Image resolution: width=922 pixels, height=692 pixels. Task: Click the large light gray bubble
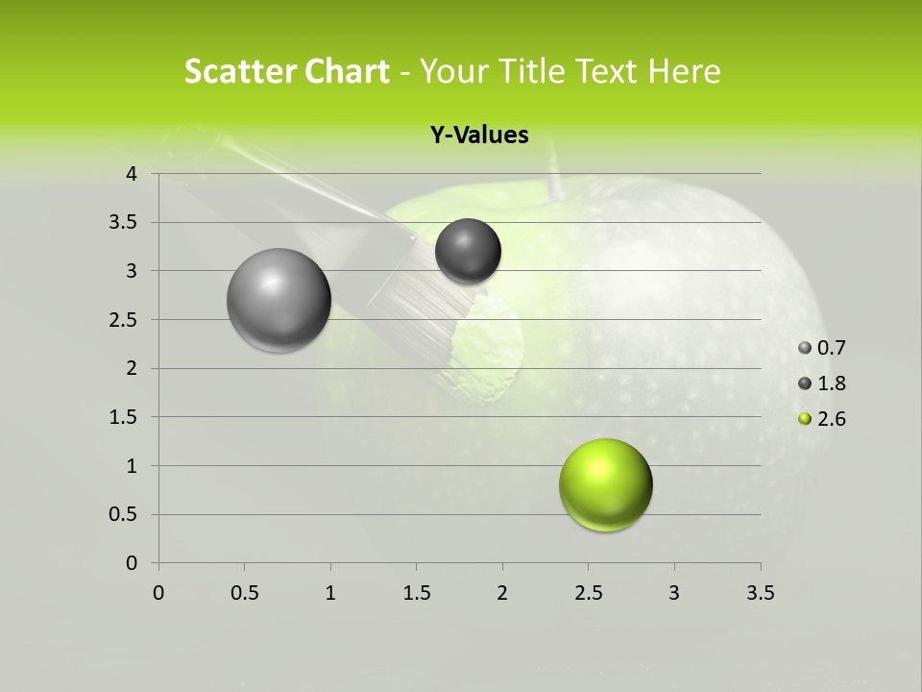279,300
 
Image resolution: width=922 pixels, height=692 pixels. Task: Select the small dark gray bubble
468,251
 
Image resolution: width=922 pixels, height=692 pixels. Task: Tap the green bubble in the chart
605,484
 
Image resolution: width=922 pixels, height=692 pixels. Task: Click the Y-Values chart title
478,136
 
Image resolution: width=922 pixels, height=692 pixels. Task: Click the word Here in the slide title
683,71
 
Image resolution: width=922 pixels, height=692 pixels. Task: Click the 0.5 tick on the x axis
245,593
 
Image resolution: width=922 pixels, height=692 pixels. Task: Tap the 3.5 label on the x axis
760,593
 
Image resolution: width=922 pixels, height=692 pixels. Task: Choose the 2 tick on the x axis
502,593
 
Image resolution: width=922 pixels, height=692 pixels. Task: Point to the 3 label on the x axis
674,593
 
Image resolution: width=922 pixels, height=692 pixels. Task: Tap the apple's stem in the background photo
554,178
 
